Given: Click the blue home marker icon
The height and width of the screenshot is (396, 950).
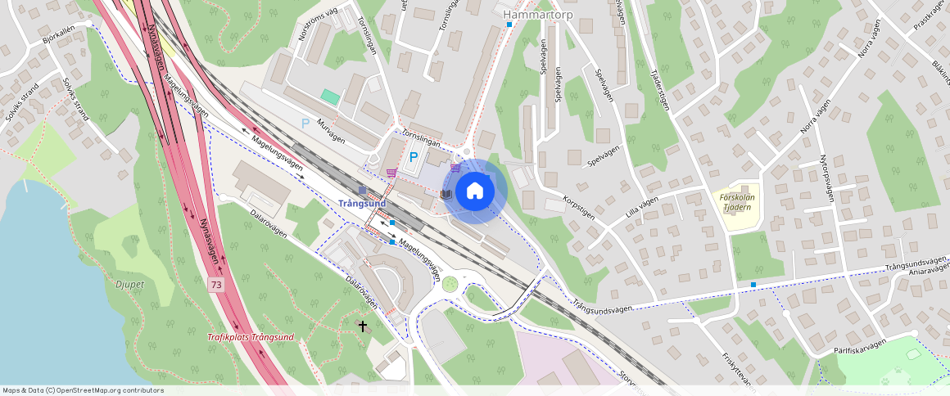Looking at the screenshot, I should [474, 191].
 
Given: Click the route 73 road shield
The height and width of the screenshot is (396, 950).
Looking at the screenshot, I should [215, 285].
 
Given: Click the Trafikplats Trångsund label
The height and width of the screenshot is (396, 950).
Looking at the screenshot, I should [250, 337].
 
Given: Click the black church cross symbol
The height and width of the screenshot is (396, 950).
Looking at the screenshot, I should [363, 326].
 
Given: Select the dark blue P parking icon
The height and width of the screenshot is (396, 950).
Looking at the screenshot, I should [414, 157].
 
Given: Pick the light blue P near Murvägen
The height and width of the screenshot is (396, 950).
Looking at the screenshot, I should [305, 124].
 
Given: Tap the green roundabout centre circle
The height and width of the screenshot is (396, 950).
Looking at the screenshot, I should [450, 284].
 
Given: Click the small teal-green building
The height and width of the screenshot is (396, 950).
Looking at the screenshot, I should [330, 97].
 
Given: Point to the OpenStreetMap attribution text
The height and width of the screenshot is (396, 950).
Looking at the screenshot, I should [82, 390].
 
